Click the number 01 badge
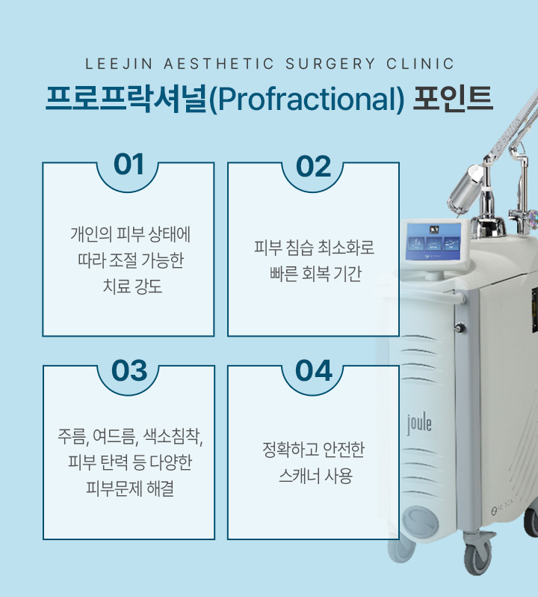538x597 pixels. tap(129, 165)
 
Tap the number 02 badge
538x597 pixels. tap(314, 166)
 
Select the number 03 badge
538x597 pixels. tap(129, 370)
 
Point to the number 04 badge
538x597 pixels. tap(314, 370)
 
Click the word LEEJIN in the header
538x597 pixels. tap(119, 64)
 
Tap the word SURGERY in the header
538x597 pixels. tap(330, 64)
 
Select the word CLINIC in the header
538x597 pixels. tap(420, 64)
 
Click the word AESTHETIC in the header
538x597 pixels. tap(219, 64)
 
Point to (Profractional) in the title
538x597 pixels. tap(306, 99)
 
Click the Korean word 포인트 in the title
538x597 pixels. tap(453, 98)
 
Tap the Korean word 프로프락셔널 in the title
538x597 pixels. tap(126, 99)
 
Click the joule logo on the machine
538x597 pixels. tap(419, 424)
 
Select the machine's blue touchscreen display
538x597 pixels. tap(434, 241)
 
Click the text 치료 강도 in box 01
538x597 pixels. tap(132, 287)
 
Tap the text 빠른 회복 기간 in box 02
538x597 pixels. tap(315, 274)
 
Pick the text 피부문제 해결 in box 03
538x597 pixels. tap(130, 489)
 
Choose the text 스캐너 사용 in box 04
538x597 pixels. tap(315, 476)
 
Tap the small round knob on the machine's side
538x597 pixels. tap(460, 328)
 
